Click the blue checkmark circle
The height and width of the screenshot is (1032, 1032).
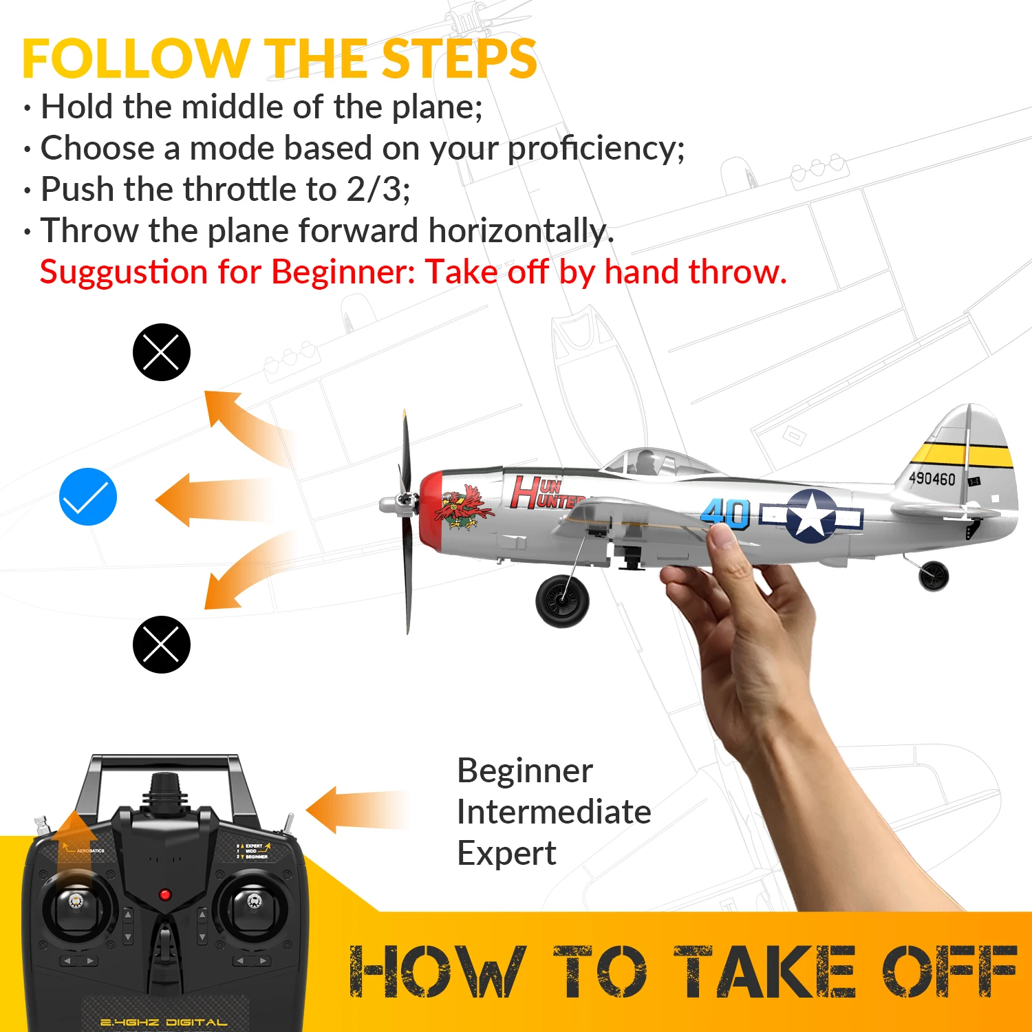pos(88,497)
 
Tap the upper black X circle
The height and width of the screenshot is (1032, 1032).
pos(161,352)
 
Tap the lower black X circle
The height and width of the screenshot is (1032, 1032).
pos(161,645)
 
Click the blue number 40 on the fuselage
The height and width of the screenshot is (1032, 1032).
pos(724,513)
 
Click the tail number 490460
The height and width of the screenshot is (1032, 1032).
pos(932,478)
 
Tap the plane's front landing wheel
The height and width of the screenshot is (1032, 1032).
pos(562,601)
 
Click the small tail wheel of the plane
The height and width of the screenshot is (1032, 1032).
pos(934,576)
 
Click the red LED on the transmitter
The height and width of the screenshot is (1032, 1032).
pos(164,894)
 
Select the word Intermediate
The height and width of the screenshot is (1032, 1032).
pos(554,812)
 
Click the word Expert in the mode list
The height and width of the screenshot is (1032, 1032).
pos(506,854)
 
